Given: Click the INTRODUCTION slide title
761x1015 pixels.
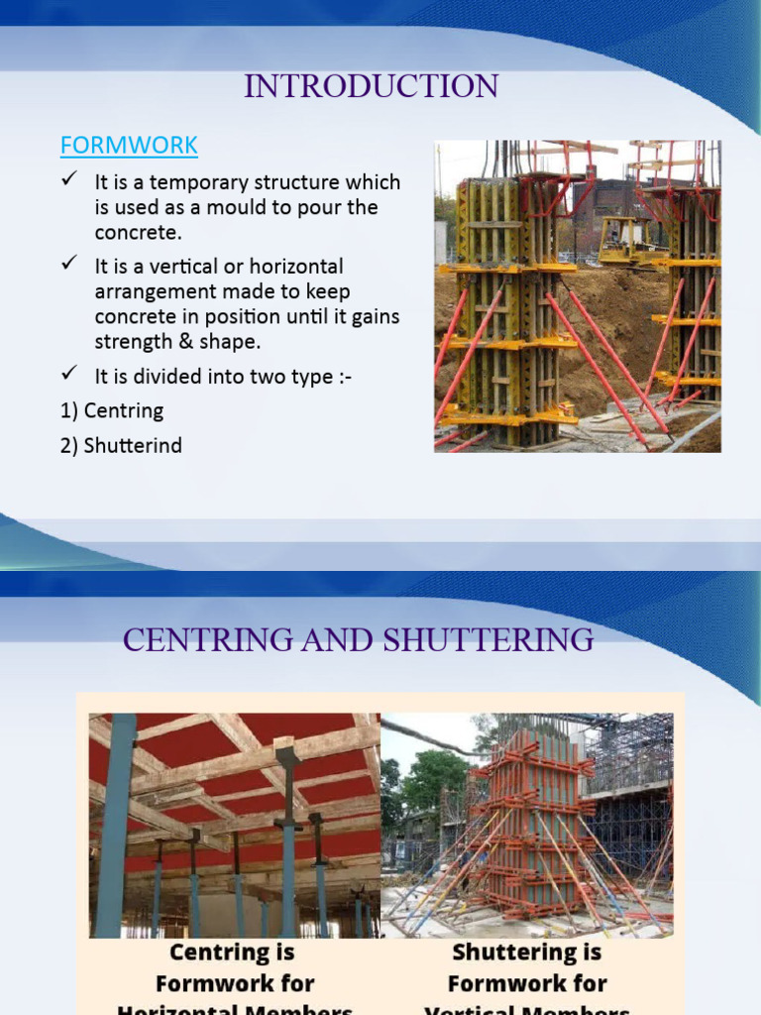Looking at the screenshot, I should click(372, 86).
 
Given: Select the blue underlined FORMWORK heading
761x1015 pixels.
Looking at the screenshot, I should click(129, 145).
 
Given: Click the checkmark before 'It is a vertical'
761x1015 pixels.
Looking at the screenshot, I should click(69, 265).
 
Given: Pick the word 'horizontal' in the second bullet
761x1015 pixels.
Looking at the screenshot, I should click(295, 267).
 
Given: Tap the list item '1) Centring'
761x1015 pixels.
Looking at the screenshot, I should click(111, 409).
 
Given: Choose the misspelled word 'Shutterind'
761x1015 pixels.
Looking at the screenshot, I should click(133, 445).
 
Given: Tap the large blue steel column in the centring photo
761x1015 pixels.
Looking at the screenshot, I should click(115, 823).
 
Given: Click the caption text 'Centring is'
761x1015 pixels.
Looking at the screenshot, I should click(233, 953).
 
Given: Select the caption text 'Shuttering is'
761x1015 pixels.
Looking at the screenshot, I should click(527, 953).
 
